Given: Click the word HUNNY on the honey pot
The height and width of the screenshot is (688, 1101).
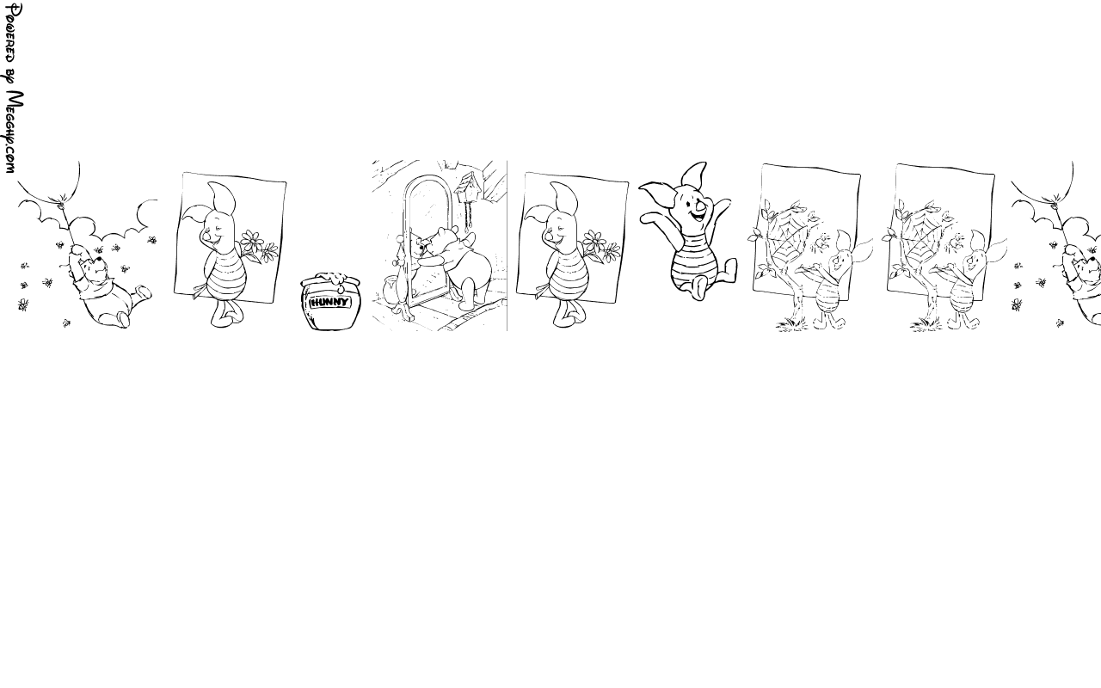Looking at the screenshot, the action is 329,302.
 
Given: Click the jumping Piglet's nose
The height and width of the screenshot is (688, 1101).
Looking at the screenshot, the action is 701,202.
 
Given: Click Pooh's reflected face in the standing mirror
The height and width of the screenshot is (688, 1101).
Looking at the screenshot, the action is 419,246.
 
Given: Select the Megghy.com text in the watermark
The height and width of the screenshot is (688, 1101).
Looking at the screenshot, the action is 14,132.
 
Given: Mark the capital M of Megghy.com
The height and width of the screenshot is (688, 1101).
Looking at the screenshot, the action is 15,100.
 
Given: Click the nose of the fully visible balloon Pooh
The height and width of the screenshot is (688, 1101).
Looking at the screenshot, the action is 99,260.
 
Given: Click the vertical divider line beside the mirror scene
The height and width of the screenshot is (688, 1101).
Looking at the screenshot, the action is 507,246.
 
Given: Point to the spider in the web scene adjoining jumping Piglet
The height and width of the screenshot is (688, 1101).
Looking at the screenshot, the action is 821,242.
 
